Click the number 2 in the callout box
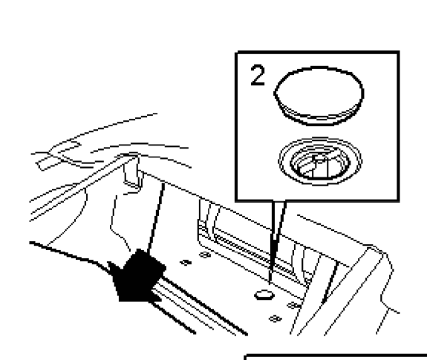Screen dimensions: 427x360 tap(258, 75)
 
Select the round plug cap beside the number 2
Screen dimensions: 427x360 tap(319, 96)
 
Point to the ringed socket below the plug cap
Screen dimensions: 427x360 tap(320, 161)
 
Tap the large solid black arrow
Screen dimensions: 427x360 tap(137, 276)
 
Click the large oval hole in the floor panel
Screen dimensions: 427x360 tap(264, 295)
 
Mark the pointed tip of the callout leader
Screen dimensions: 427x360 tap(270, 284)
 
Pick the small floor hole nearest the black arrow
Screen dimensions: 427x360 tap(186, 263)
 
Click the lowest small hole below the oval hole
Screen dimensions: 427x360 tap(275, 318)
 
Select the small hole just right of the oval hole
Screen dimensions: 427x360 tap(293, 305)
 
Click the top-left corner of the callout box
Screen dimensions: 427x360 tap(237, 52)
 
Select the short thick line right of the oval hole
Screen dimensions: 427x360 tap(330, 282)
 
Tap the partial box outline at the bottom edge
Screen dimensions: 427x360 tap(336, 356)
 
